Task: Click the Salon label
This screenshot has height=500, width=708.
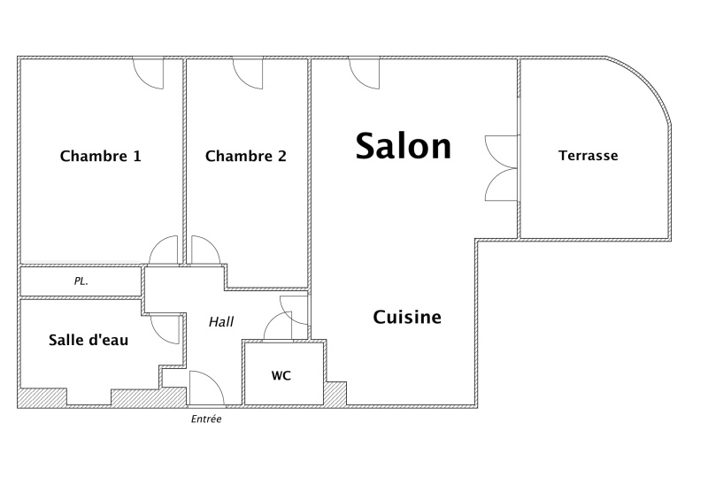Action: [404, 146]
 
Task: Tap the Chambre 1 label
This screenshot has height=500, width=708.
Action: [100, 156]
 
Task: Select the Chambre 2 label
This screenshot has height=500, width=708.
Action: [246, 156]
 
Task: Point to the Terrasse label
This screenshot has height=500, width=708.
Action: [588, 156]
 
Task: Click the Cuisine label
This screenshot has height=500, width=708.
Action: [407, 317]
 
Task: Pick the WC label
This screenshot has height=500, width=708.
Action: [281, 375]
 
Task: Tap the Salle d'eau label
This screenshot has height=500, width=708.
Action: [88, 340]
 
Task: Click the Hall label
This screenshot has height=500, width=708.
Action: [221, 321]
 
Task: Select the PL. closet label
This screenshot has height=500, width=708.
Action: [81, 281]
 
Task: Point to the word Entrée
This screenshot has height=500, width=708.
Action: [206, 419]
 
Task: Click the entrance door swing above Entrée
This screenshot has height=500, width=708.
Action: [207, 388]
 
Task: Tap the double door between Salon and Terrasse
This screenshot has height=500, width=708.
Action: [501, 168]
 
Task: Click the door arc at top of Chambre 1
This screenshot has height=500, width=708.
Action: [148, 73]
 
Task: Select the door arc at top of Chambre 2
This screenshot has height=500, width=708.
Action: [248, 73]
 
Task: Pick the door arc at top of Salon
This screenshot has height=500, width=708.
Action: [364, 73]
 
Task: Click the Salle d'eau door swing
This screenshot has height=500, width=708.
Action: [165, 330]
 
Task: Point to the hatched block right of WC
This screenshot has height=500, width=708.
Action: [335, 393]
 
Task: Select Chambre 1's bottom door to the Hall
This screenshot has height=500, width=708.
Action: [163, 250]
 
